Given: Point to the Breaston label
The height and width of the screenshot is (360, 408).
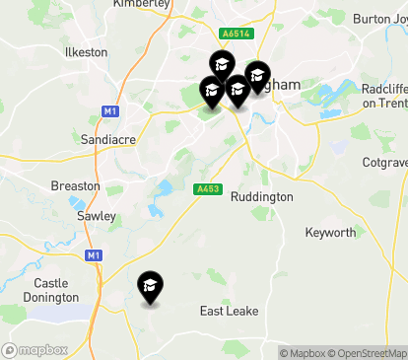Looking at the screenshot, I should tap(76, 185).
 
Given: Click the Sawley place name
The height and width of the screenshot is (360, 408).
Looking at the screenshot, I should tap(96, 215).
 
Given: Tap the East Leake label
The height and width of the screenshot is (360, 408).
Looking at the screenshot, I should tap(229, 311).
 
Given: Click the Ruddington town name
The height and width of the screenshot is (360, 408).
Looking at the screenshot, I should tap(261, 197).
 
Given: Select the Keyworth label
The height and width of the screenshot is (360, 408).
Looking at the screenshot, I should tap(330, 233).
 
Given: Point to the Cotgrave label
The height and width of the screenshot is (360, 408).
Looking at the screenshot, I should tap(384, 161).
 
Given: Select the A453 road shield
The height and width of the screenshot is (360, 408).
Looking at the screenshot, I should tap(207, 189).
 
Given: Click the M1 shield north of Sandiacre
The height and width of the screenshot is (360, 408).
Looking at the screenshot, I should tap(109, 110).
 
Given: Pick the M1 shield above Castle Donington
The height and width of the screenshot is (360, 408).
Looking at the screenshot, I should tap(94, 255).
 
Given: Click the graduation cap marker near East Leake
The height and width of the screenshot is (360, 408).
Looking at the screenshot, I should tap(150, 286).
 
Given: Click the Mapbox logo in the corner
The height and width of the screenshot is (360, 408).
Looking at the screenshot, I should tap(35, 349).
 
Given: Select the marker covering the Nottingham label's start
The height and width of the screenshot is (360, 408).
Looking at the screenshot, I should tap(257, 75).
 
